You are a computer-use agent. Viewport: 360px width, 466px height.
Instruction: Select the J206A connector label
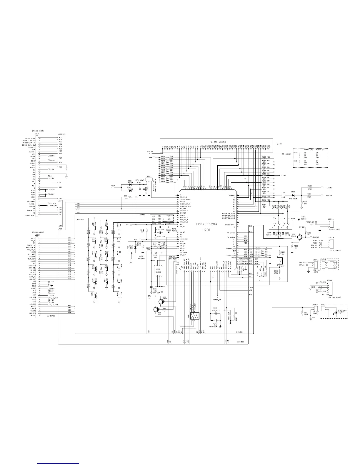37,235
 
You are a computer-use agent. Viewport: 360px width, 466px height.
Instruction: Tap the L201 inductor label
284,193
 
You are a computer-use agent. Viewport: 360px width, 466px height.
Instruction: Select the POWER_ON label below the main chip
217,300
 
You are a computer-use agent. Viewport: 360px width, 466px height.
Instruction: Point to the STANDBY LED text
341,312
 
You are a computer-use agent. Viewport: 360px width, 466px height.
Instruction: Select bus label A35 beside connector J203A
61,137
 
